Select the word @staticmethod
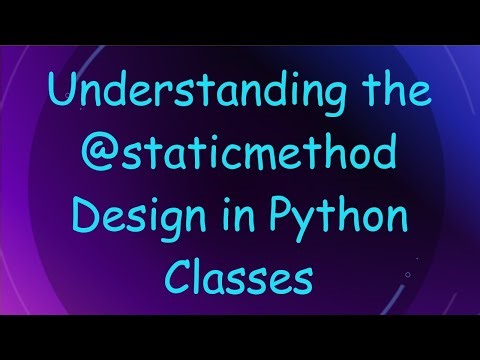tap(240, 157)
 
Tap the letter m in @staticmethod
tap(265, 160)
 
